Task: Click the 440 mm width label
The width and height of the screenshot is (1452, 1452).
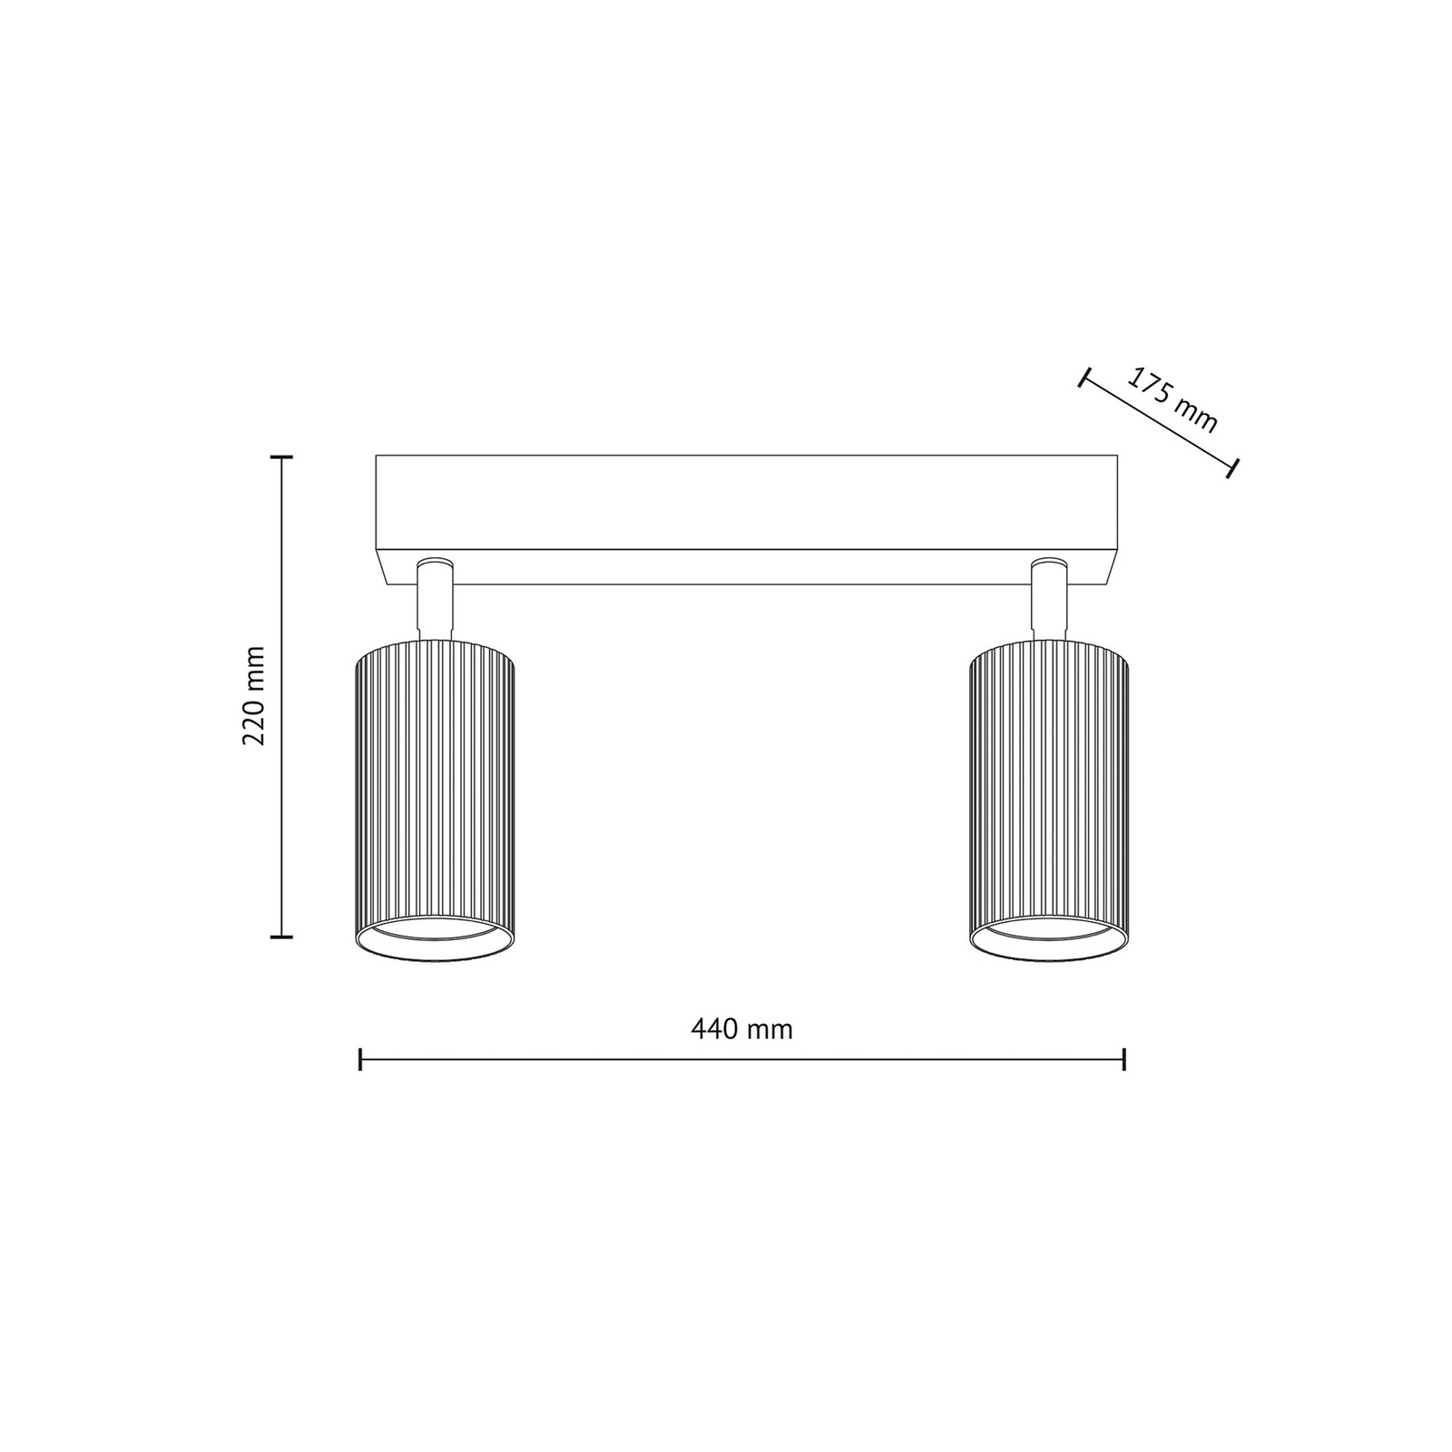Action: coord(741,1029)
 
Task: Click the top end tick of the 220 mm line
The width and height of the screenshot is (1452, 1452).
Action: coord(281,457)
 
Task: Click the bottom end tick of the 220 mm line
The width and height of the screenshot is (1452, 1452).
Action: coord(281,936)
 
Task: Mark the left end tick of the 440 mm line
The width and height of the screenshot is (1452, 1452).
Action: coord(361,1059)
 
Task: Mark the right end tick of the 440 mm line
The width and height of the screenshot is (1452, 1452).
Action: coord(1124,1059)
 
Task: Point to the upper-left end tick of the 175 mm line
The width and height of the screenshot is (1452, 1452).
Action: coord(1083,378)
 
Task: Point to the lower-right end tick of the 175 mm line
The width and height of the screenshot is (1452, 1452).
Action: coord(1232,468)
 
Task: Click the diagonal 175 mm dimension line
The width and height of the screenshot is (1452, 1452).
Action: coord(1157,423)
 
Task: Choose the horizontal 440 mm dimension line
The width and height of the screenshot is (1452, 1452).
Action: coord(742,1059)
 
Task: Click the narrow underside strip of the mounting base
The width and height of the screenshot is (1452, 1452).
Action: coord(746,567)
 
